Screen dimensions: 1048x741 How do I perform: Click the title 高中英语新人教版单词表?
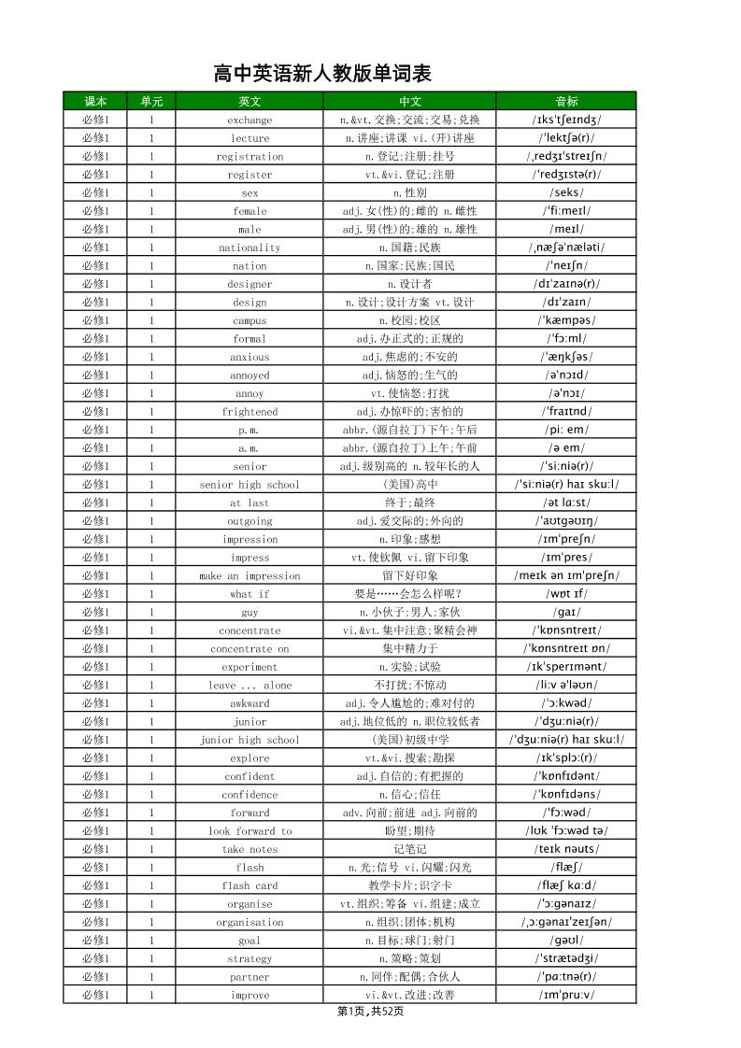tap(322, 74)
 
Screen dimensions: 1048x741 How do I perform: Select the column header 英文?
tap(249, 102)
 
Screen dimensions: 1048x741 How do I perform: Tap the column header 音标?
tap(566, 102)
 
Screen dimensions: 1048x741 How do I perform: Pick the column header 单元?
tap(150, 102)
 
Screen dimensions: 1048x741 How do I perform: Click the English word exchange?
tap(249, 120)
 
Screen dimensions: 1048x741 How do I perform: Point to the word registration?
tap(249, 156)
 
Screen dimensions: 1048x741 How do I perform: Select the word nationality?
tap(249, 248)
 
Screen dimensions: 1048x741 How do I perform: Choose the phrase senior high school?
tap(249, 485)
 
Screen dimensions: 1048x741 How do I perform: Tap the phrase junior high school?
tap(249, 740)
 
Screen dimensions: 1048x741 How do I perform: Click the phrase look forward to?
tap(249, 831)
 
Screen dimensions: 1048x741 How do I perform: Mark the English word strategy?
tap(249, 958)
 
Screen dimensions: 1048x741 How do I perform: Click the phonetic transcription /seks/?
tap(566, 192)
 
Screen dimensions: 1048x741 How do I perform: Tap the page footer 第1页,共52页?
tap(371, 1012)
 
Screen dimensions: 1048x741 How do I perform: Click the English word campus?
tap(249, 320)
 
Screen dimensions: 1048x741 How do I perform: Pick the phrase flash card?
tap(249, 885)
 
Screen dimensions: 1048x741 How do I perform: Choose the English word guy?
tap(249, 612)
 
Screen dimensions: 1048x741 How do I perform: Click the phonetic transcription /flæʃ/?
tap(566, 868)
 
